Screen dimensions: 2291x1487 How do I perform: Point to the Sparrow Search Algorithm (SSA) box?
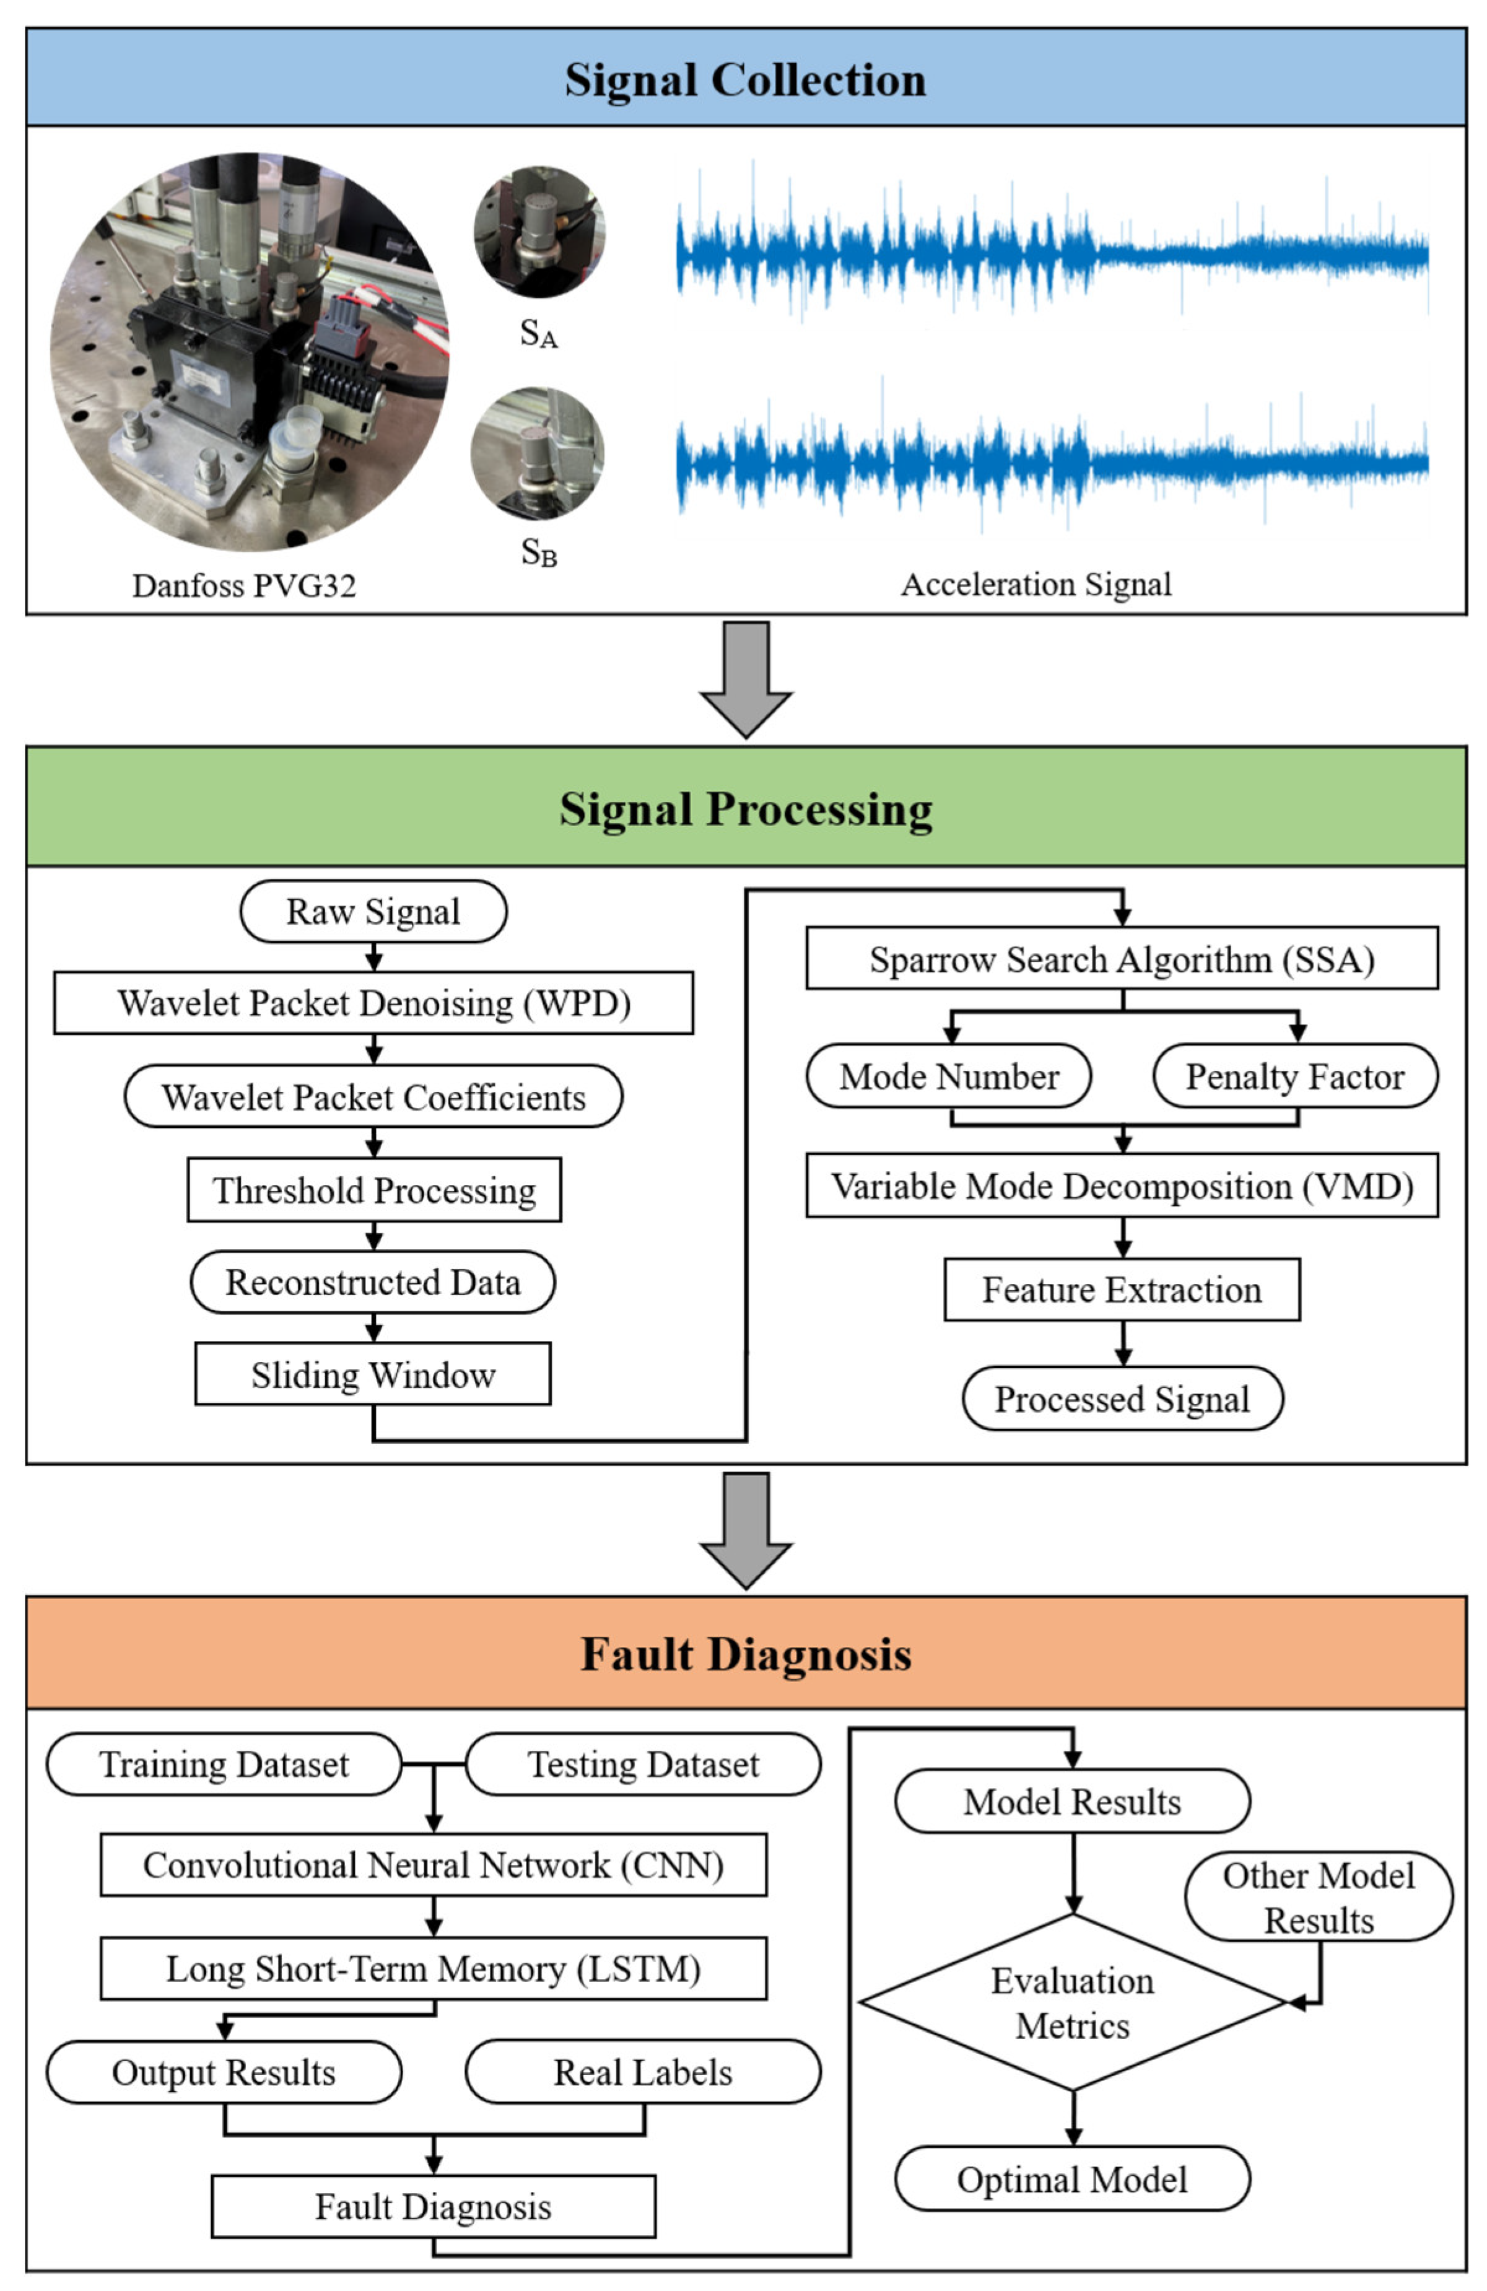1121,959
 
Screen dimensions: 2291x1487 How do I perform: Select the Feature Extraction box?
1121,1289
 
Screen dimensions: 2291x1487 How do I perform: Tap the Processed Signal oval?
1121,1398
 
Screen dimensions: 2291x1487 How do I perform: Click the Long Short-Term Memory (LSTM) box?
433,1968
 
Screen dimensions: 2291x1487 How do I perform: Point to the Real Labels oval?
642,2072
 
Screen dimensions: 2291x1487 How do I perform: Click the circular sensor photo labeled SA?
539,231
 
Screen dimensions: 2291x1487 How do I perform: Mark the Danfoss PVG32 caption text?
243,585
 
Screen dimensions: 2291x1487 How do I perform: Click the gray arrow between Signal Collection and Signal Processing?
745,679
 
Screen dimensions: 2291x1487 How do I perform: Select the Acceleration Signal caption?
1036,584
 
